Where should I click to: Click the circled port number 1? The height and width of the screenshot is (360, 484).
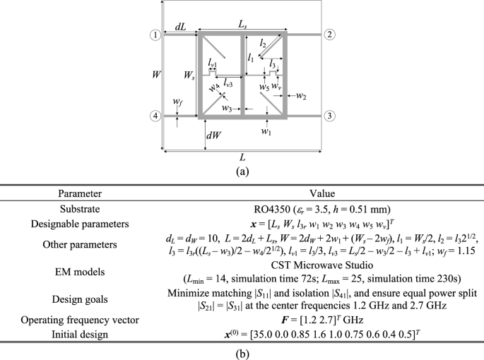pyautogui.click(x=153, y=35)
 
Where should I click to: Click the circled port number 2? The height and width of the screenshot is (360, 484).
pyautogui.click(x=330, y=35)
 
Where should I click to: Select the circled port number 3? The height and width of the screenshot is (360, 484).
pyautogui.click(x=330, y=116)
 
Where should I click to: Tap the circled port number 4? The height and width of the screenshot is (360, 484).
pyautogui.click(x=153, y=116)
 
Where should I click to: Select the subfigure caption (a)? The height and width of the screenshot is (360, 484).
pyautogui.click(x=242, y=170)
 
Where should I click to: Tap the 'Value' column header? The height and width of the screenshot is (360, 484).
pyautogui.click(x=321, y=193)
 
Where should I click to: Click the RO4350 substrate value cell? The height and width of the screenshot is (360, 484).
pyautogui.click(x=321, y=209)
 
